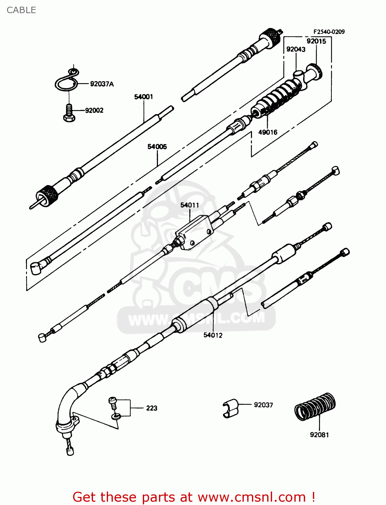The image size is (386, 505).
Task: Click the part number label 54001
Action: [143, 97]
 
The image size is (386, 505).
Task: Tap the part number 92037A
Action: [102, 84]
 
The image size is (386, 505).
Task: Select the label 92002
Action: [94, 110]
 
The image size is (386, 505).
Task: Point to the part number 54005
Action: [157, 147]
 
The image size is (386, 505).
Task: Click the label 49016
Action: [268, 132]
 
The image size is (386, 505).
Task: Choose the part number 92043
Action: [296, 49]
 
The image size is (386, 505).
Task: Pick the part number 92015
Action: [316, 41]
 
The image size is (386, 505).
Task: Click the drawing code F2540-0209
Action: [329, 32]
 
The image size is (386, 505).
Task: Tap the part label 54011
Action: [190, 205]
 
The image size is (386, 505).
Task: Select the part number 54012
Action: [213, 335]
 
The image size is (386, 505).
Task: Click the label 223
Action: [152, 408]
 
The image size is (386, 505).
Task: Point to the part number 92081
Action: [319, 435]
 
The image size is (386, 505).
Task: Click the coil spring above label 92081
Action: [315, 406]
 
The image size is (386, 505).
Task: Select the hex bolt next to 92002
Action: [69, 113]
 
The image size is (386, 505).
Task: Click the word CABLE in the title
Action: [21, 10]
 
